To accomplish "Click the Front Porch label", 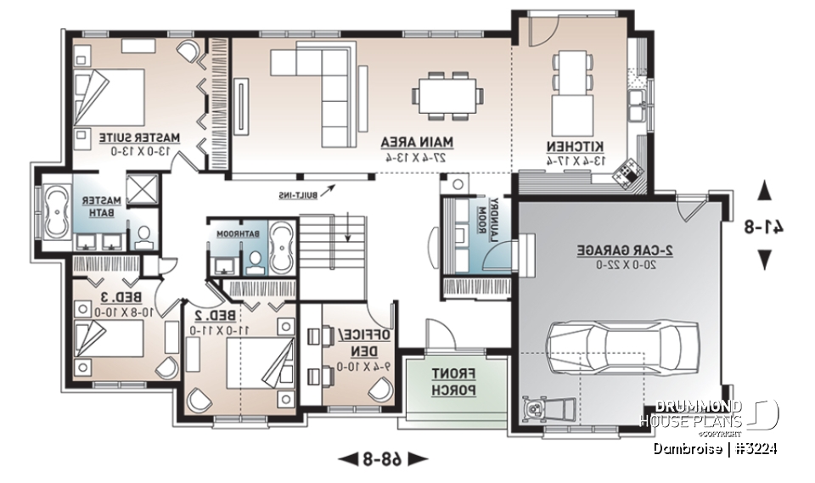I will click(x=441, y=381).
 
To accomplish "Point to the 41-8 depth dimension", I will click(x=766, y=226).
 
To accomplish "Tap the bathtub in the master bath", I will click(x=57, y=211).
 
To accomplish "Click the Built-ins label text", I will click(x=300, y=195).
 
